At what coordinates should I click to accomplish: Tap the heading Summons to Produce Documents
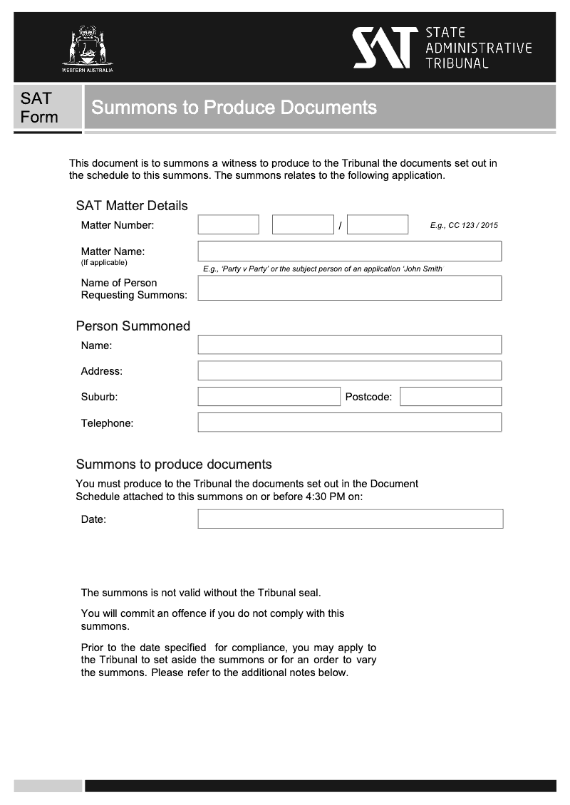[234, 108]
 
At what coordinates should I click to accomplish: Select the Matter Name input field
[349, 251]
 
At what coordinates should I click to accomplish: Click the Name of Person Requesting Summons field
[349, 288]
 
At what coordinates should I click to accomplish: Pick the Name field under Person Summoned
[349, 345]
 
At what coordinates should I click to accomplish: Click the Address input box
[349, 370]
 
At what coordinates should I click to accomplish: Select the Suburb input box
[269, 397]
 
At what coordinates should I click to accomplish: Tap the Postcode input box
[450, 397]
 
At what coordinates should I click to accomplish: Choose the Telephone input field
[349, 422]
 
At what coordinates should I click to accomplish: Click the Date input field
[350, 519]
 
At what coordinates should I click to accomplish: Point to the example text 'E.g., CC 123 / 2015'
[464, 226]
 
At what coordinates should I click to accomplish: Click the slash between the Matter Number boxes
[340, 226]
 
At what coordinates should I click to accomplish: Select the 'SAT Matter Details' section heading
[132, 206]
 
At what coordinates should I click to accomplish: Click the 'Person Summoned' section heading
[133, 326]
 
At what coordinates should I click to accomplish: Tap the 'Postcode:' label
[368, 397]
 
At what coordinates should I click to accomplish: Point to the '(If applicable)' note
[104, 263]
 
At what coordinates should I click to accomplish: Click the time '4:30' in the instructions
[316, 497]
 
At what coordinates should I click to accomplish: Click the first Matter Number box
[228, 225]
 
